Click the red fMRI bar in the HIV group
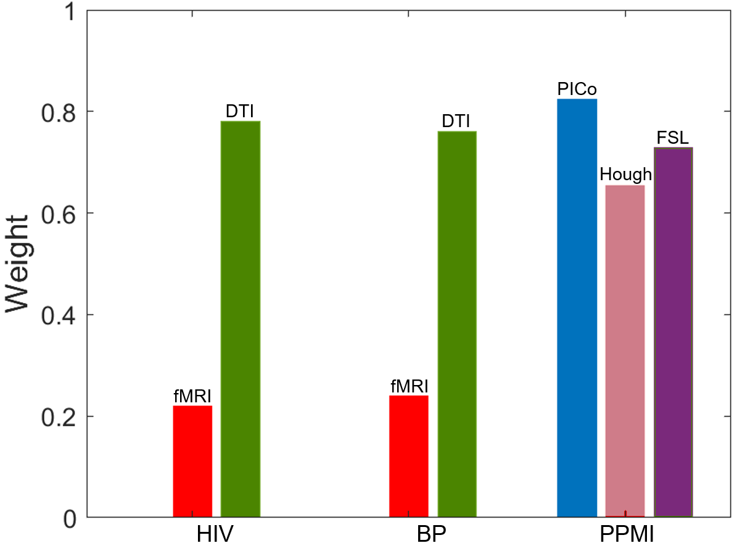click(192, 461)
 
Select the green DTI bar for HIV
click(241, 318)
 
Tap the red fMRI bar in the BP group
click(409, 456)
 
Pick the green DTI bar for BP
click(457, 324)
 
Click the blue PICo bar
click(577, 307)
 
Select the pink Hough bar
click(625, 350)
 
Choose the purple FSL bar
click(673, 332)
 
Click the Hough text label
click(625, 175)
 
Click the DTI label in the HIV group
click(240, 112)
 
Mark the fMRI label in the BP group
click(409, 386)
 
